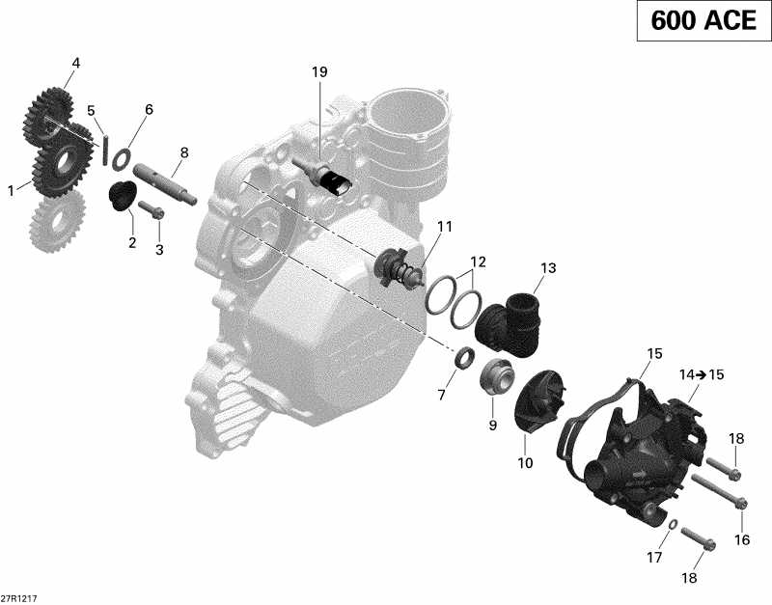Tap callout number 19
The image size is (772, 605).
(x=319, y=72)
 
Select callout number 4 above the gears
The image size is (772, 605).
(x=75, y=65)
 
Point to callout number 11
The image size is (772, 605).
(x=444, y=227)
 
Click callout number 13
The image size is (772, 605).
(x=548, y=267)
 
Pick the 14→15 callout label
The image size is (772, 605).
(x=702, y=374)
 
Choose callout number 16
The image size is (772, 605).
(x=741, y=540)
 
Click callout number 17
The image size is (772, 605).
(x=654, y=558)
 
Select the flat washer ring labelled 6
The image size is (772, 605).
(x=121, y=155)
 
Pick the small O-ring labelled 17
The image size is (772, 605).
(x=670, y=525)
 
